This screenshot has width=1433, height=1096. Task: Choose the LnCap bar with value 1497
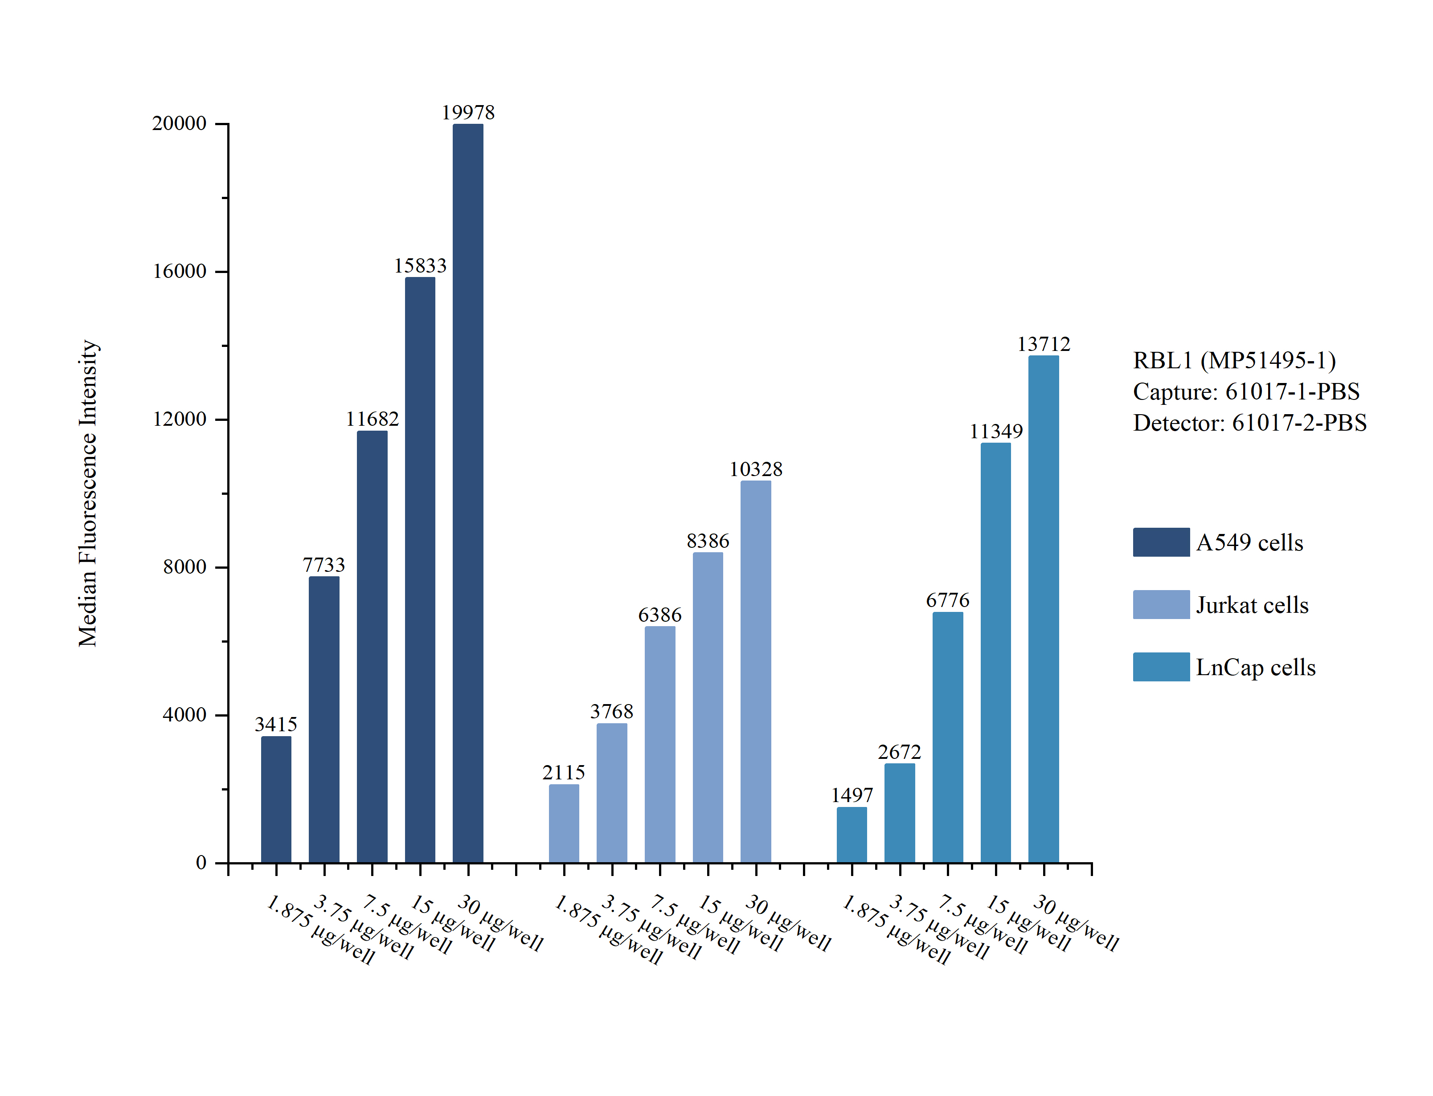(x=852, y=835)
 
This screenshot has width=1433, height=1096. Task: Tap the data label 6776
(x=947, y=600)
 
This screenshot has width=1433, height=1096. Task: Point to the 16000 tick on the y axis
(x=180, y=271)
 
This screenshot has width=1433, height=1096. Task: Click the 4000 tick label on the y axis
(x=184, y=715)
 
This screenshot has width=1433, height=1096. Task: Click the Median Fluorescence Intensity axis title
(x=88, y=493)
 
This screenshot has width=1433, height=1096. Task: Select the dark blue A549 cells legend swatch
(x=1161, y=542)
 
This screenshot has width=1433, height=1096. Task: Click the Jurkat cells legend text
(x=1252, y=605)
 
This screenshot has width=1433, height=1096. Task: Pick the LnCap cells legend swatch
(x=1161, y=667)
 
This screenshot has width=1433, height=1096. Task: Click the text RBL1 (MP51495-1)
(x=1234, y=361)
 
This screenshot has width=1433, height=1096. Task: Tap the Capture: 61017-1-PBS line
(x=1246, y=392)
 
